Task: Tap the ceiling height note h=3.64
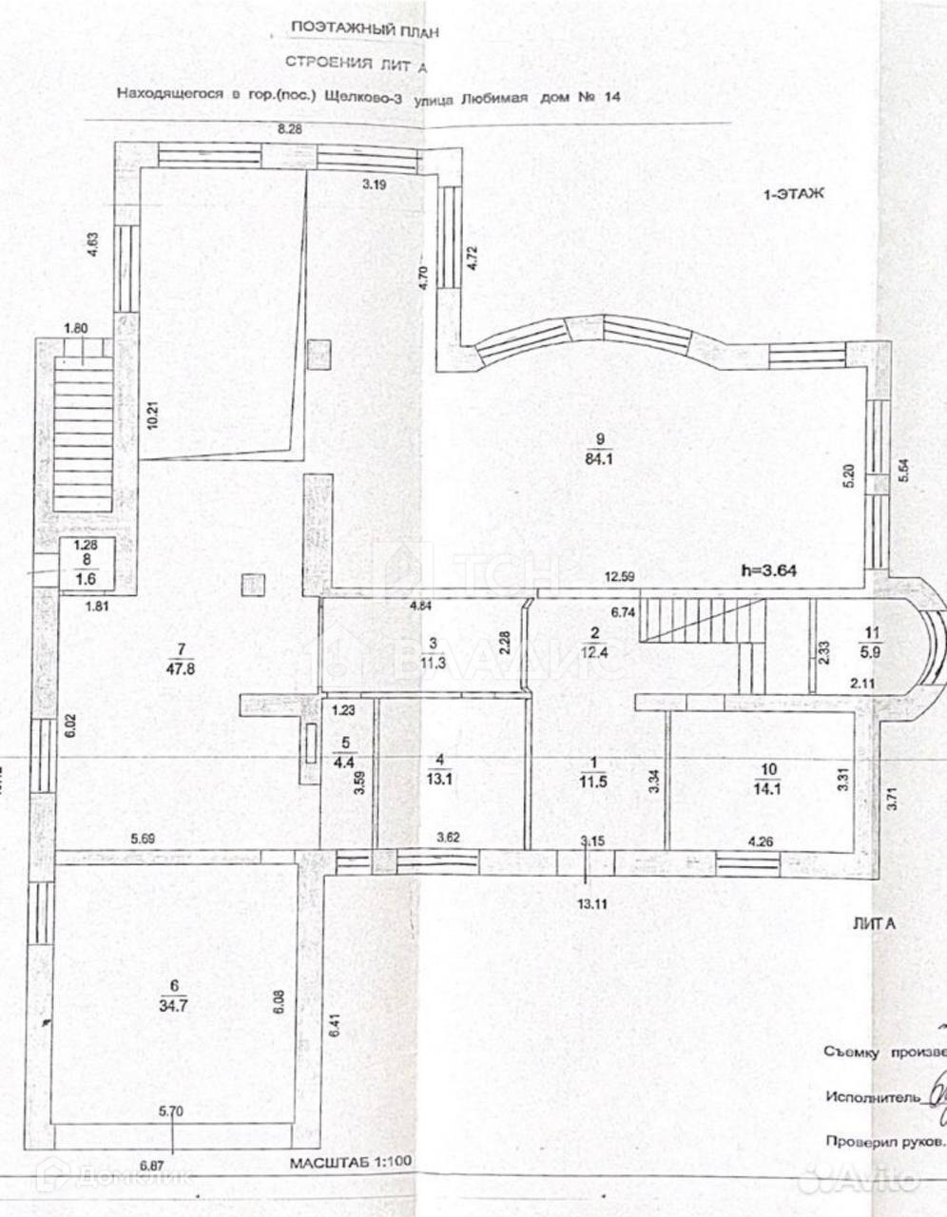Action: [x=770, y=570]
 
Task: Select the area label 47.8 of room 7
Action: [x=180, y=667]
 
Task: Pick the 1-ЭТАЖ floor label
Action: [x=793, y=193]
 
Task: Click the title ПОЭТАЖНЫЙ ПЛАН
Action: [x=365, y=29]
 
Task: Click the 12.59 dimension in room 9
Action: [x=621, y=575]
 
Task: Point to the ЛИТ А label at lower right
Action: [x=874, y=923]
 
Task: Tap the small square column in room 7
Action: [x=253, y=585]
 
